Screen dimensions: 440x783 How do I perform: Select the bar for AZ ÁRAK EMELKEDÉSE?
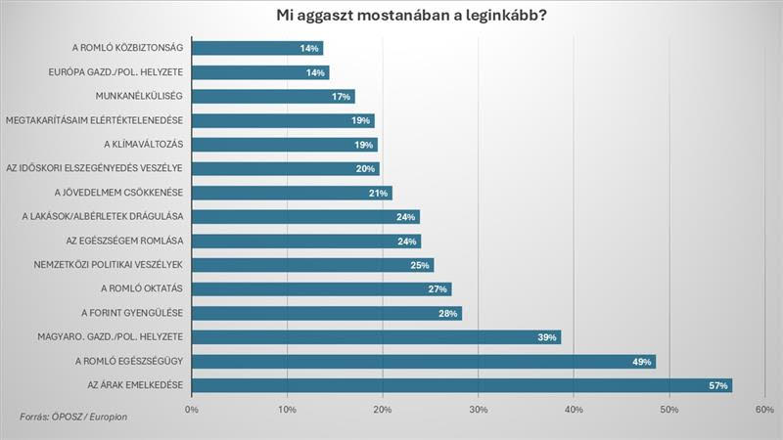460,385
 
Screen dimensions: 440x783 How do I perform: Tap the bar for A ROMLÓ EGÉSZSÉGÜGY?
421,361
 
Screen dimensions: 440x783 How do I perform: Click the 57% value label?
719,385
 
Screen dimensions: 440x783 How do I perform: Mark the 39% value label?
547,337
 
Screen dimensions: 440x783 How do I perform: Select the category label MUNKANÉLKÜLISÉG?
141,96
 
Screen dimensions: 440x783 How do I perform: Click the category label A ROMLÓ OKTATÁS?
143,288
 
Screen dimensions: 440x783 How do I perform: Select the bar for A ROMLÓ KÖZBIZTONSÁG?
256,48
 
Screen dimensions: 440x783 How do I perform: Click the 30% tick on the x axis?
479,409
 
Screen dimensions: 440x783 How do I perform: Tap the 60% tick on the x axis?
765,409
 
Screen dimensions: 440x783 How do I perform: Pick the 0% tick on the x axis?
192,409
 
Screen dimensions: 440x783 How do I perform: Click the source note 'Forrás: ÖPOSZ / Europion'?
73,417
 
